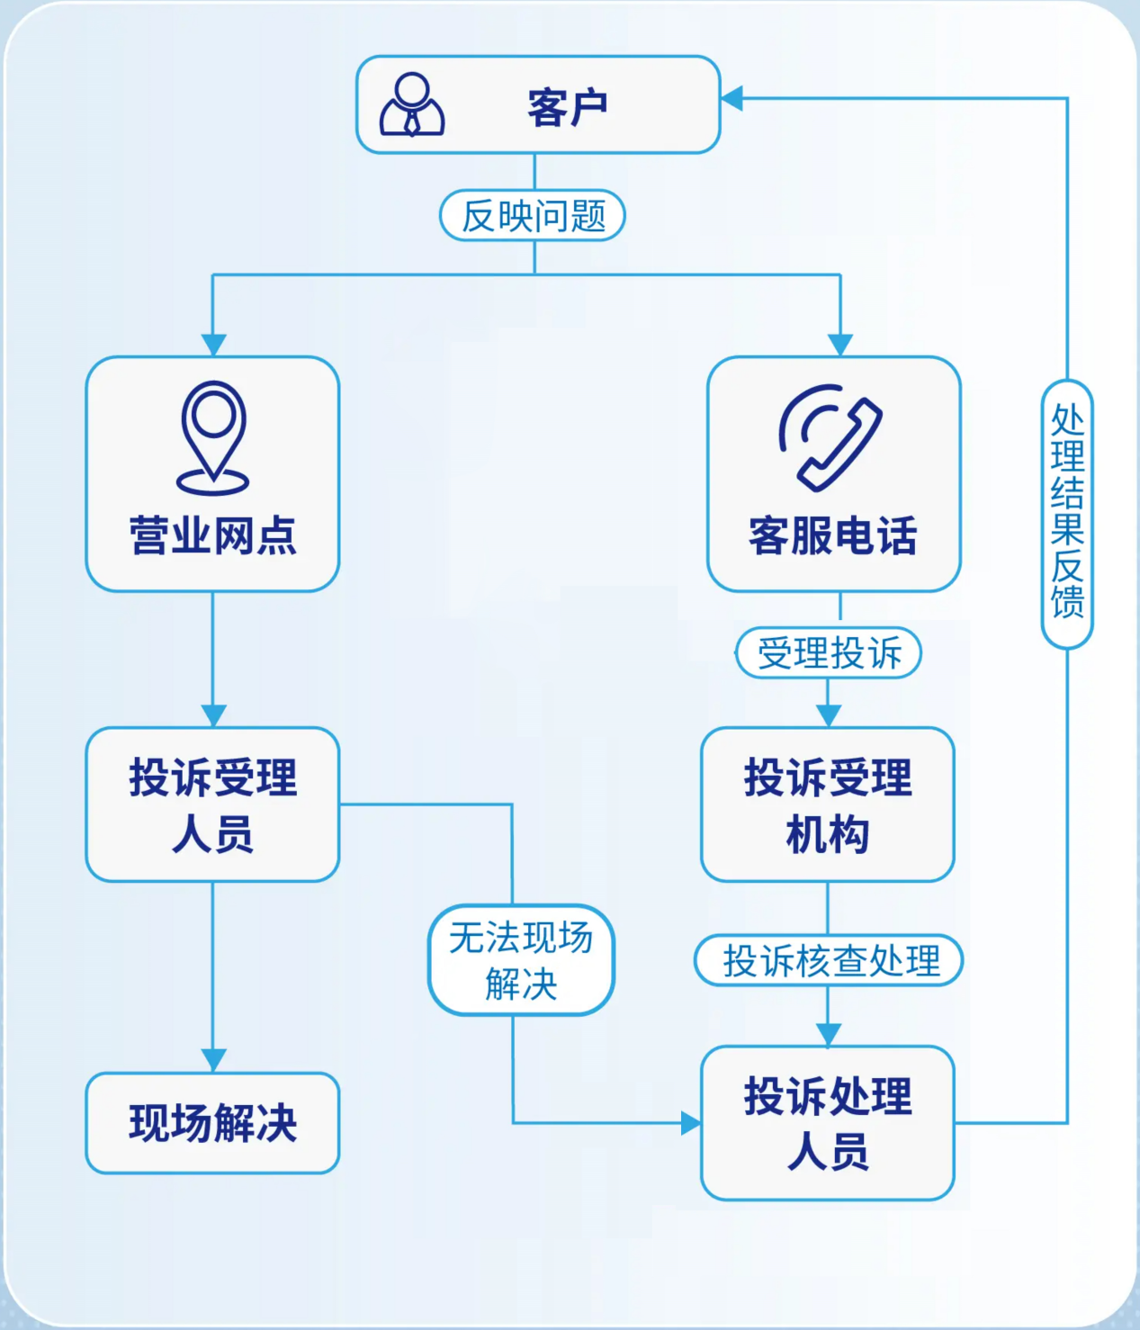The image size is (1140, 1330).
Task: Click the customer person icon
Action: coord(412,105)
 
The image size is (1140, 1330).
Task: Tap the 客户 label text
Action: coord(567,108)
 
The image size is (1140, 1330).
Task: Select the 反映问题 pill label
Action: coord(533,216)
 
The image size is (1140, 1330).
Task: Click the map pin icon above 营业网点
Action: coord(213,437)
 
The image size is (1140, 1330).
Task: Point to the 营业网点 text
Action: coord(213,535)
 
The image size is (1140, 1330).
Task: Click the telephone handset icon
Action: coord(830,437)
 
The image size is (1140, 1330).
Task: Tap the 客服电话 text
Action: coord(833,535)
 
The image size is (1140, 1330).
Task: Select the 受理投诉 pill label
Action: coord(829,653)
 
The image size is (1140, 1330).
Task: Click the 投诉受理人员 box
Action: coord(213,804)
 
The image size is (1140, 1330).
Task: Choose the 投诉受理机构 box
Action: coord(828,804)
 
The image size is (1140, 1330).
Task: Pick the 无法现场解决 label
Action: coord(521,960)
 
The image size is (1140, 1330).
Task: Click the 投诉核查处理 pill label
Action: coord(829,960)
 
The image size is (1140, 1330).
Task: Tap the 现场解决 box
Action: coord(213,1123)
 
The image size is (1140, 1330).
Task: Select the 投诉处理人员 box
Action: coord(828,1123)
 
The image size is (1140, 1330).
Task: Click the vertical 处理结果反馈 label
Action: coord(1067,513)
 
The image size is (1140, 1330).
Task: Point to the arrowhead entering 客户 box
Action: coord(732,98)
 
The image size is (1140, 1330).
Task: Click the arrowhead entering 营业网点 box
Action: coord(213,346)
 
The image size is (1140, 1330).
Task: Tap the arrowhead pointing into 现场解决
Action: coord(213,1060)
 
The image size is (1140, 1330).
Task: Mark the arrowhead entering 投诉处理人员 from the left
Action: coord(690,1123)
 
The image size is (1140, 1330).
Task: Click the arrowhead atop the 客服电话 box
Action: coord(839,346)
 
